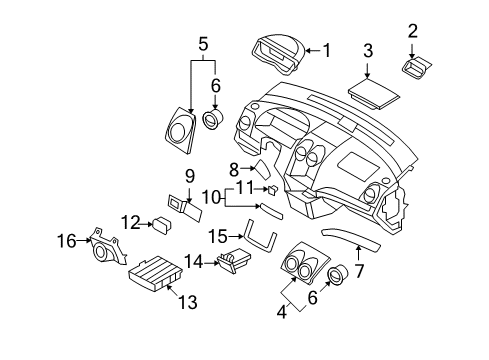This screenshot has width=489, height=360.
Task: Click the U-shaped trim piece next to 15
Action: pos(262,236)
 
